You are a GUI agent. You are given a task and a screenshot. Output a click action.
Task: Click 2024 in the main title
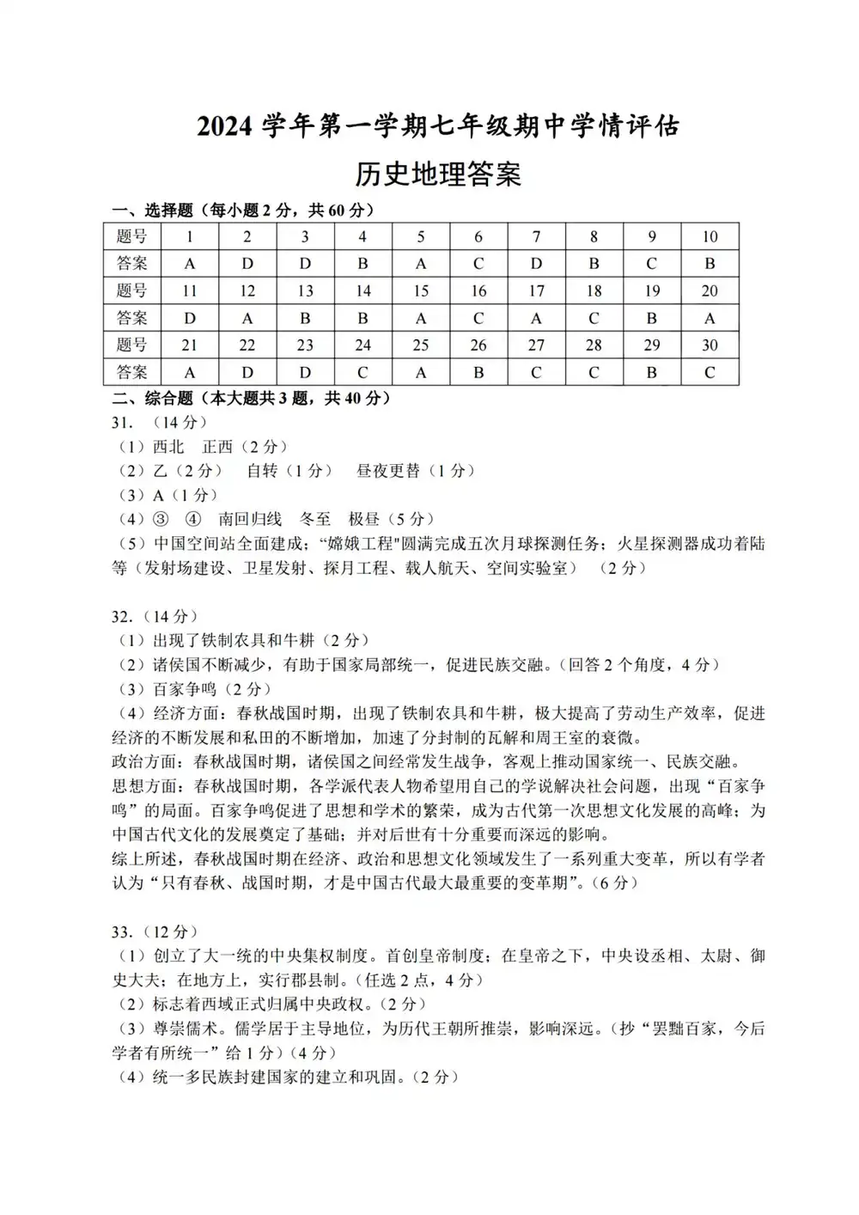227,127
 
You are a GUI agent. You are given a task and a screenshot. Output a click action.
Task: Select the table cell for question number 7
536,236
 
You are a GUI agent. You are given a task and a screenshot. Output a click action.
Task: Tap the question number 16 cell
478,291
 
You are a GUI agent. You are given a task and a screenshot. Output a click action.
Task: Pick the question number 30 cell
710,345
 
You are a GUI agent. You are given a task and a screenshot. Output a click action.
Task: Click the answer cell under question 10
710,264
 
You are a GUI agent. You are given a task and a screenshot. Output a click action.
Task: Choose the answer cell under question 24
362,373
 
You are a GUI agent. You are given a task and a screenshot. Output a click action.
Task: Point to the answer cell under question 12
247,319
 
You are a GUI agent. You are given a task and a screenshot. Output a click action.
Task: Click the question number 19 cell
652,291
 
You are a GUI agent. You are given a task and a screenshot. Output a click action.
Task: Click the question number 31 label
122,422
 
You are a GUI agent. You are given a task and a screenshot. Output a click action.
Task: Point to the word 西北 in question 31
168,447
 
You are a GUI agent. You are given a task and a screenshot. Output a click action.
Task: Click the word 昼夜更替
388,471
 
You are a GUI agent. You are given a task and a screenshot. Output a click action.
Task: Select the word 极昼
364,519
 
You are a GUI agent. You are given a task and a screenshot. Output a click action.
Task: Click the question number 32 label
122,616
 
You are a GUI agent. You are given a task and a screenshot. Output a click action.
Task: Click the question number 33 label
122,932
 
